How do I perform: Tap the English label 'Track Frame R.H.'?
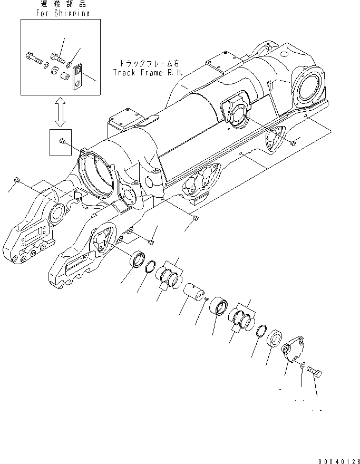[148, 72]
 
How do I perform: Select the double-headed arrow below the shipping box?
[60, 112]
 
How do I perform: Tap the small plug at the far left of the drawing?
[17, 180]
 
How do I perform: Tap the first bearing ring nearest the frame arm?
[139, 260]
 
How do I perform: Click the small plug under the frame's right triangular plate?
[294, 142]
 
